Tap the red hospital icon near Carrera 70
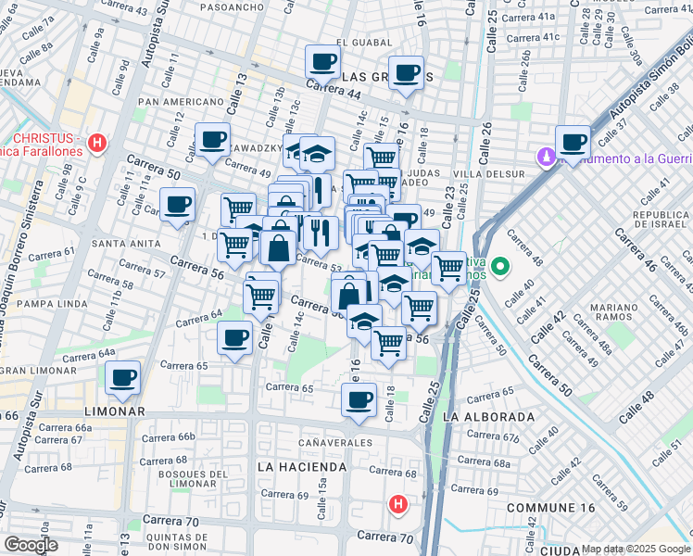tap(397, 505)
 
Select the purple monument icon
tap(548, 158)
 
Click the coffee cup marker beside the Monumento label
tap(573, 143)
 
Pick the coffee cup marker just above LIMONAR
tap(122, 377)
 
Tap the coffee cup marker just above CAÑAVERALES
tap(359, 400)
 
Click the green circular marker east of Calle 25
tap(501, 270)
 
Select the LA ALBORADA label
tap(488, 417)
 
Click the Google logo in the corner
tap(31, 545)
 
